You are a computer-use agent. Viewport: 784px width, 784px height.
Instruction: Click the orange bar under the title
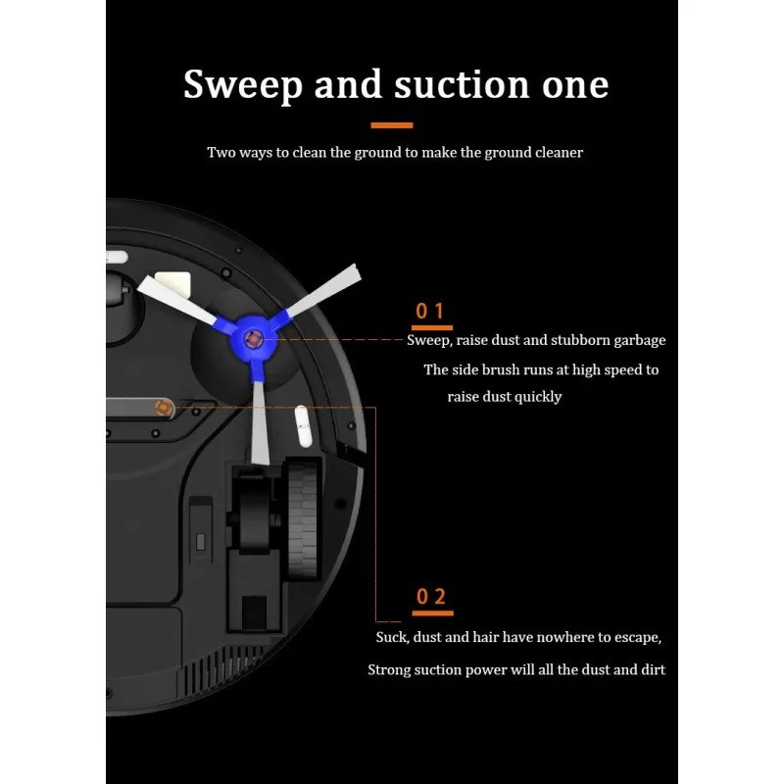pyautogui.click(x=392, y=125)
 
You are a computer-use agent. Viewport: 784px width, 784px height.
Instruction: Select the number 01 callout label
pyautogui.click(x=430, y=312)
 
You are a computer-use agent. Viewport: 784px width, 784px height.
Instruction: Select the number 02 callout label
pyautogui.click(x=431, y=597)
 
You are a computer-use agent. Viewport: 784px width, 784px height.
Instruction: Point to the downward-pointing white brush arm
pyautogui.click(x=259, y=421)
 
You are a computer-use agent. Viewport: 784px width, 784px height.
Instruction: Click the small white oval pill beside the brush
pyautogui.click(x=303, y=427)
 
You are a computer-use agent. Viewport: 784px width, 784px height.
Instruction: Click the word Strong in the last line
pyautogui.click(x=390, y=670)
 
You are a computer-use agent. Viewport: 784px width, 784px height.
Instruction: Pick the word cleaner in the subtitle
pyautogui.click(x=557, y=153)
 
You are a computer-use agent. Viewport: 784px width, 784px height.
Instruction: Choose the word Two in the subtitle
pyautogui.click(x=220, y=153)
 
